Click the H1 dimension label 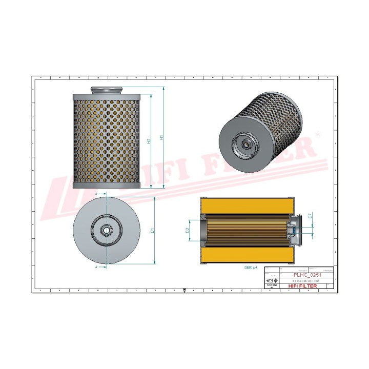click(161, 137)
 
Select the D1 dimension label click(153, 231)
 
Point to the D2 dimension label click(188, 231)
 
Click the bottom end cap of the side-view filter click(105, 185)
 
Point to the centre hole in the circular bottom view click(106, 231)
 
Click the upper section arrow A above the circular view click(97, 194)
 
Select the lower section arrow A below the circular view click(97, 267)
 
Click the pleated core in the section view click(246, 231)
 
